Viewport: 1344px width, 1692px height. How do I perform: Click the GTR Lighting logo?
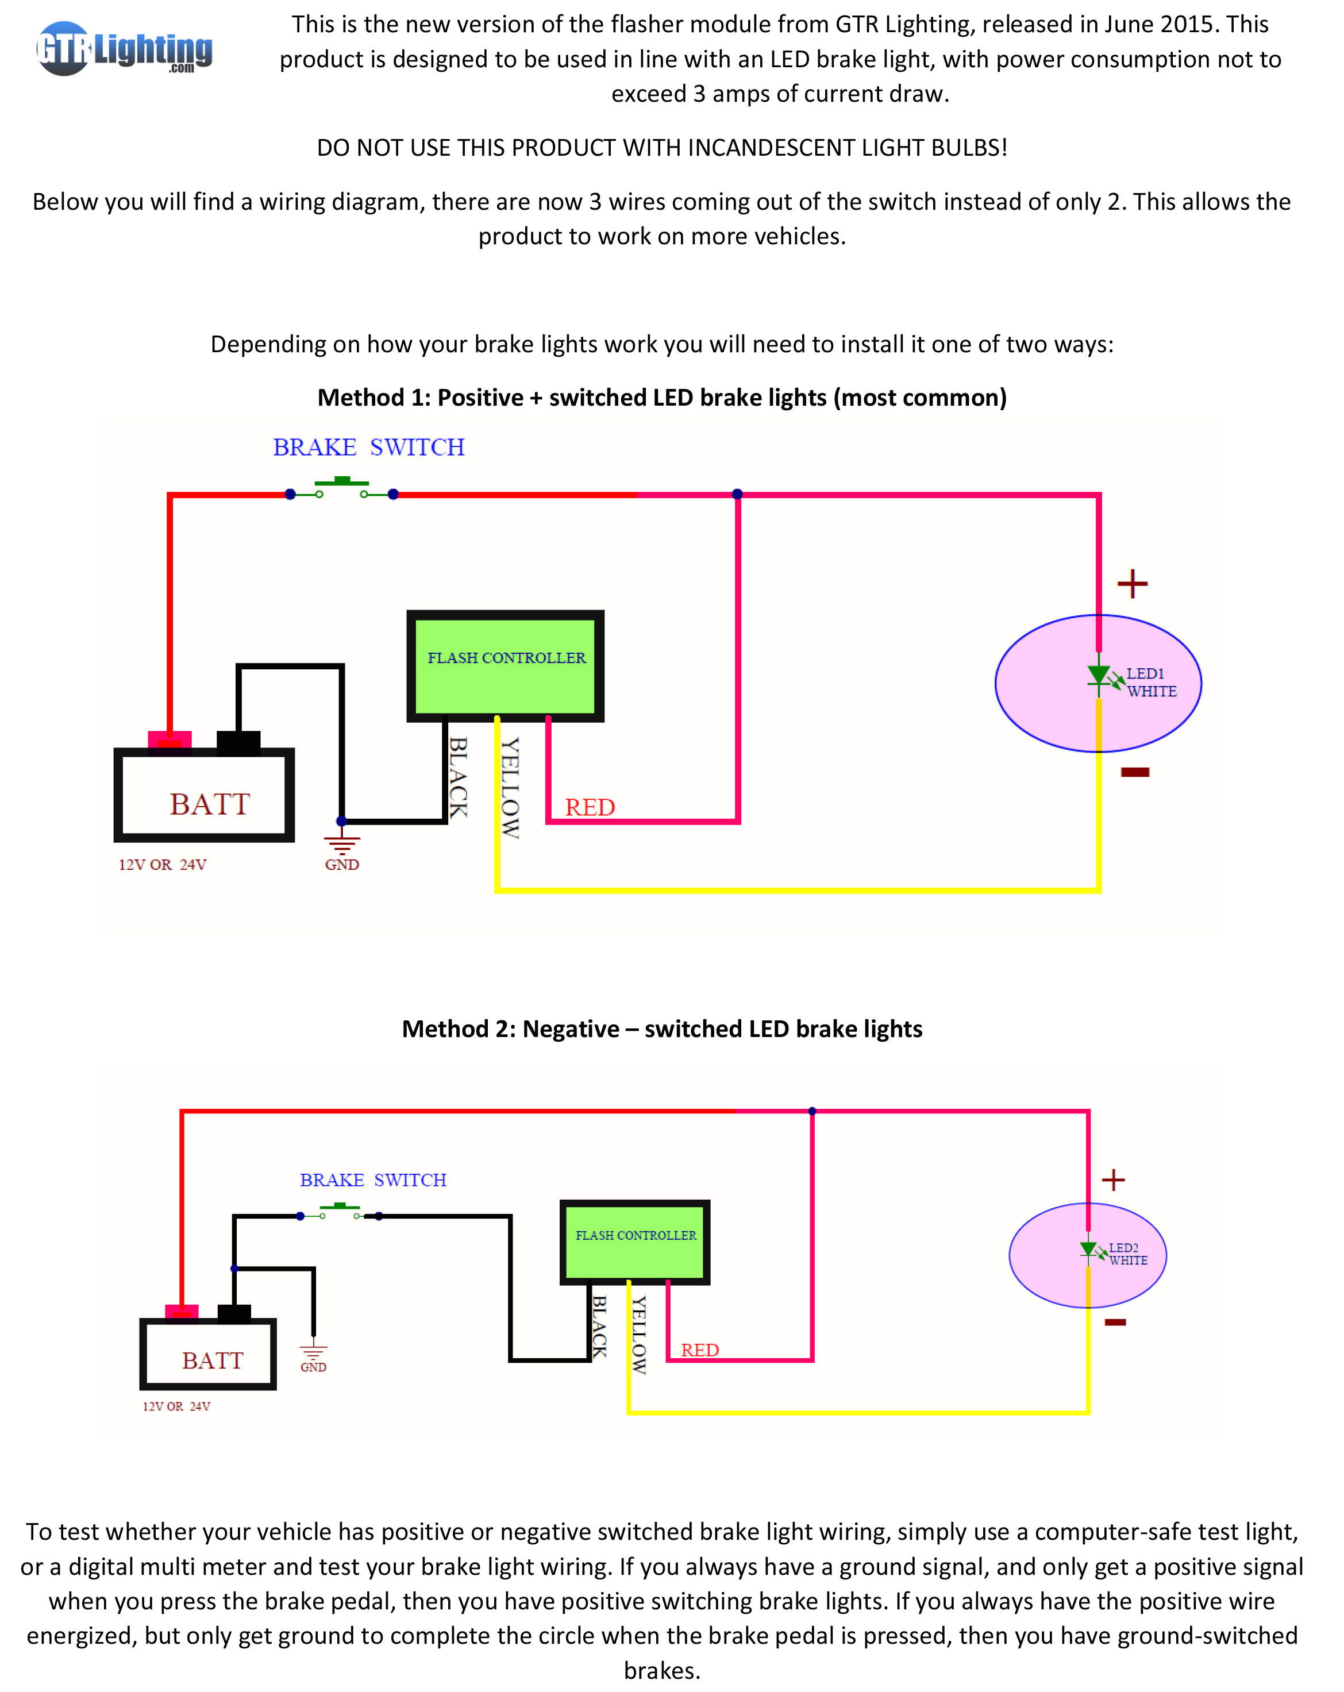click(124, 49)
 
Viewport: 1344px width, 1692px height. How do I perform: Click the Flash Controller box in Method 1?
click(506, 665)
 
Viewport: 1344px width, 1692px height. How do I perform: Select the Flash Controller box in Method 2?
click(634, 1242)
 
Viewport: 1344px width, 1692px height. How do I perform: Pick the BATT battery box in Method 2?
click(208, 1354)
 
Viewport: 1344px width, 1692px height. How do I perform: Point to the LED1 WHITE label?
click(1151, 682)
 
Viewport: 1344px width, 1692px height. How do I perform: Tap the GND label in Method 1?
click(341, 864)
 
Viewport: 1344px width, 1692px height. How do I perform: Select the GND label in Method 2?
click(313, 1366)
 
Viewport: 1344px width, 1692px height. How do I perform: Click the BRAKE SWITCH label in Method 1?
click(368, 448)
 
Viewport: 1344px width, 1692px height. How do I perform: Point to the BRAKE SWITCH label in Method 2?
click(373, 1180)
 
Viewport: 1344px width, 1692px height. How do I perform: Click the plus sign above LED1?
click(1132, 584)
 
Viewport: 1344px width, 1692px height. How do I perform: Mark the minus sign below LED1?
click(1135, 772)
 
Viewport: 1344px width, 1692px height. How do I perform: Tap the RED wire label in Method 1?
click(590, 808)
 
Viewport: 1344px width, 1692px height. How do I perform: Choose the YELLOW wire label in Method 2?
click(639, 1334)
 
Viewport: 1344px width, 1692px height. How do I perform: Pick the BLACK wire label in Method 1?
click(458, 777)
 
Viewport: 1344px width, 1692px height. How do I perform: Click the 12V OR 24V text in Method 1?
click(163, 864)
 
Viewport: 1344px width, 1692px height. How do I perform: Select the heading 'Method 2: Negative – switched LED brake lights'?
click(662, 1029)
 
